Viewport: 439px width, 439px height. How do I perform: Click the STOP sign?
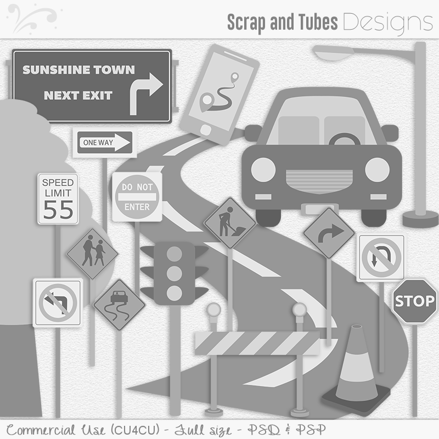click(x=415, y=301)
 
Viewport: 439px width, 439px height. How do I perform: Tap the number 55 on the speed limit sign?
click(x=58, y=209)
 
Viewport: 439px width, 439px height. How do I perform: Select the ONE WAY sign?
click(x=105, y=143)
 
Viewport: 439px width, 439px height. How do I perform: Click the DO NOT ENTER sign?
click(x=137, y=197)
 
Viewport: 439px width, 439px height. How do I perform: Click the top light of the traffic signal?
click(x=174, y=254)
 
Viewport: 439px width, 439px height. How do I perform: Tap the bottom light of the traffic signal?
click(x=174, y=293)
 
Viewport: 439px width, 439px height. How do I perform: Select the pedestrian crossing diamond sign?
click(x=92, y=254)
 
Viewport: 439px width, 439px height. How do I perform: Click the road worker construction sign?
click(x=230, y=223)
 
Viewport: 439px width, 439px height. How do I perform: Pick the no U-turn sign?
click(x=381, y=257)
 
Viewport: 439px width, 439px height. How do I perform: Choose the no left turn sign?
click(x=58, y=303)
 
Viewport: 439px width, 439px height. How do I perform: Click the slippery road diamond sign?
click(x=119, y=305)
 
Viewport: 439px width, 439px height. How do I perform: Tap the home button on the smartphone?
click(x=206, y=130)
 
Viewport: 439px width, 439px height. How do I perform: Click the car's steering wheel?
click(x=345, y=139)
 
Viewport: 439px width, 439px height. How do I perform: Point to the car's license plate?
click(x=319, y=209)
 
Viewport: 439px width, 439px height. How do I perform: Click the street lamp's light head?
click(x=333, y=53)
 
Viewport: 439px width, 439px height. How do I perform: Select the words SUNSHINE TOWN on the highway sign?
click(x=78, y=70)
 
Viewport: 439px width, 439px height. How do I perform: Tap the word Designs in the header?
click(x=388, y=23)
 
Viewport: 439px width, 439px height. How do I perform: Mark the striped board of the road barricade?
click(x=257, y=343)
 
